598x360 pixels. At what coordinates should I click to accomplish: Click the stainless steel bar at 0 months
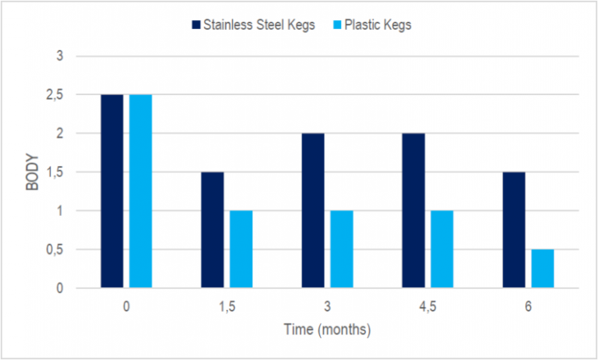112,191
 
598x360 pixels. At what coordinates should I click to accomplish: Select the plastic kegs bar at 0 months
140,191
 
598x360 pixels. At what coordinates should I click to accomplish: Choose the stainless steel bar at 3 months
313,210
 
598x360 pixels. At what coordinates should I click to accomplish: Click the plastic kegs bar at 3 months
342,249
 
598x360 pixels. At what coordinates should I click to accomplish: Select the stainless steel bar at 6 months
513,230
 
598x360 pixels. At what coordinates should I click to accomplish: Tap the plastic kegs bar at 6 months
542,268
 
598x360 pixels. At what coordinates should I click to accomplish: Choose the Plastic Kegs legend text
378,25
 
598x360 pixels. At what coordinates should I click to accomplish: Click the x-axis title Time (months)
327,329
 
